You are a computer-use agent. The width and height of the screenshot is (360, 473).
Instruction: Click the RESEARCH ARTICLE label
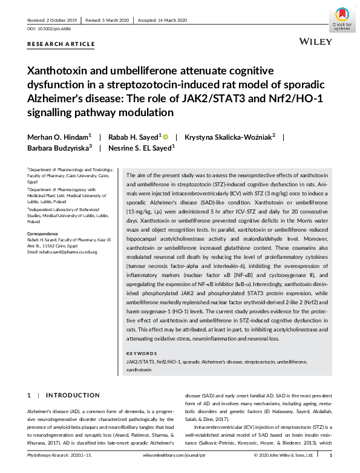tap(61, 44)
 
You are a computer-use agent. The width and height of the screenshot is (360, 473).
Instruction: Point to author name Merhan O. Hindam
tap(57, 137)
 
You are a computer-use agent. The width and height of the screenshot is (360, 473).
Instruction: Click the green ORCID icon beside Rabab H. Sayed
tap(165, 137)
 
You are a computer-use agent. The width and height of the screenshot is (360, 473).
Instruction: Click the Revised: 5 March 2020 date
tap(107, 20)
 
